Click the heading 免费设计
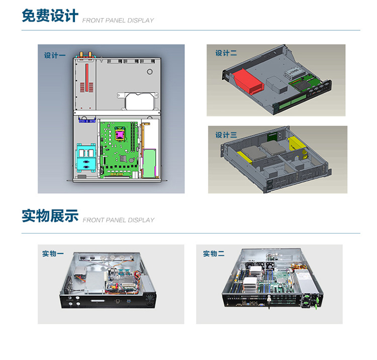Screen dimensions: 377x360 point(50,16)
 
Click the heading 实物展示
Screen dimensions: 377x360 point(50,215)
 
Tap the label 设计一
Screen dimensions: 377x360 point(55,55)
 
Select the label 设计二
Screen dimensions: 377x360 point(226,53)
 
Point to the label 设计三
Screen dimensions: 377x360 point(226,135)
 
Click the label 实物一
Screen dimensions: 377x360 point(53,254)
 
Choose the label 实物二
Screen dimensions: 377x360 point(214,254)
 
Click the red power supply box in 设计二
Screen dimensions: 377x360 point(248,81)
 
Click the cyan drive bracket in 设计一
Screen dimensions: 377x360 point(86,158)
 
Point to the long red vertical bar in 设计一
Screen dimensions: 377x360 point(87,77)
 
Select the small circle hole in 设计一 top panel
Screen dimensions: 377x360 point(150,72)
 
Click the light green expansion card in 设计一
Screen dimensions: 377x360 point(149,163)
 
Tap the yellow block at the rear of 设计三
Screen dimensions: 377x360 point(297,144)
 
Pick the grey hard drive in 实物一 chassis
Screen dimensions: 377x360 point(80,272)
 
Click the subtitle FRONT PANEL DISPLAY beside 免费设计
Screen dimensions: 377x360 point(118,21)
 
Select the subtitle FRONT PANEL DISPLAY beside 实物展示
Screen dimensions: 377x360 point(118,220)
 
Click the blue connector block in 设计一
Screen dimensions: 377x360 point(87,121)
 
